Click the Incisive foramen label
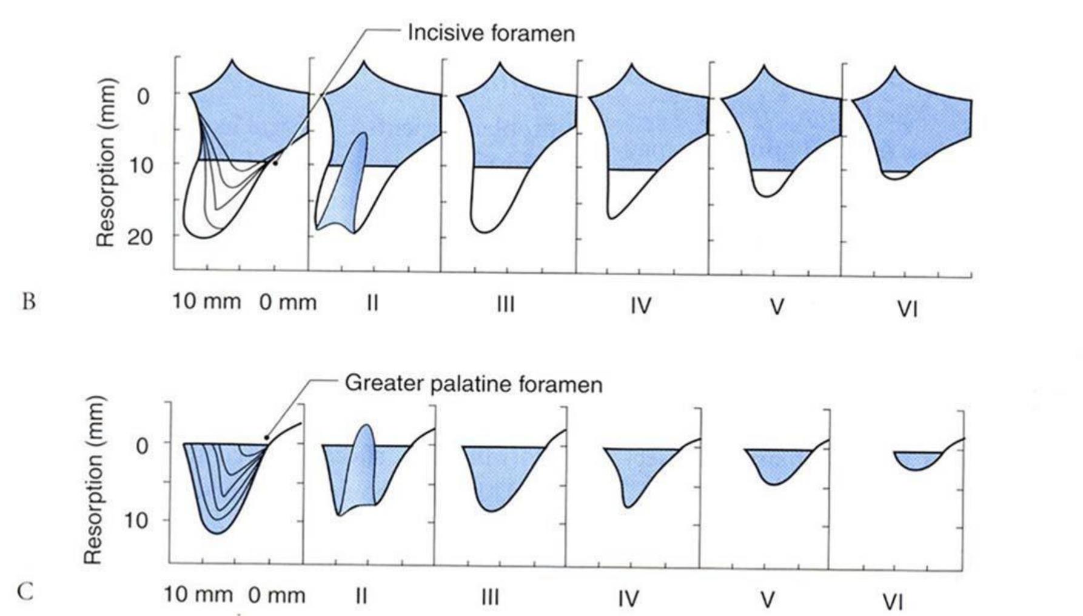(491, 33)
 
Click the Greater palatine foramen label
(473, 384)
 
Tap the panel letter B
(29, 301)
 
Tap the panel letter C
(25, 591)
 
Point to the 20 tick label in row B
(140, 236)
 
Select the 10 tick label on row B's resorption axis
(140, 165)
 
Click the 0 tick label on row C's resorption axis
(142, 446)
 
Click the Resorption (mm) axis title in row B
(106, 162)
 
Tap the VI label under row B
(907, 310)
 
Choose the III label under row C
(490, 598)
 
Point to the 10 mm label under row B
(206, 301)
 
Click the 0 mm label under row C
(277, 595)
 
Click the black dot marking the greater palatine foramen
(266, 438)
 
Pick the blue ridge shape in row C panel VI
(917, 460)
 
